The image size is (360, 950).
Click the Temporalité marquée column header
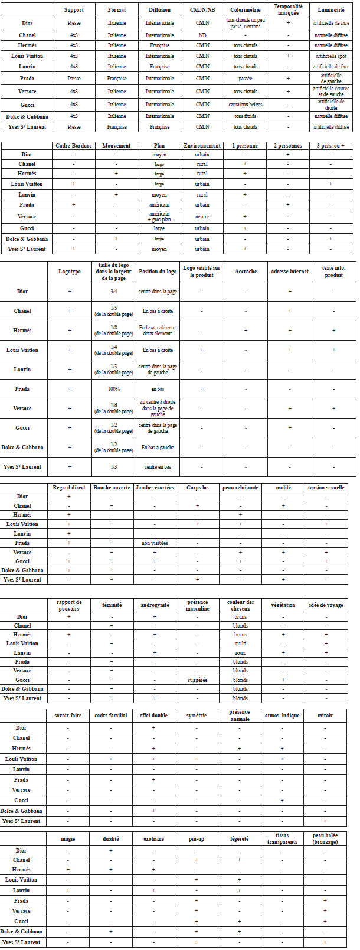(x=288, y=9)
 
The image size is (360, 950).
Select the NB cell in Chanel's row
(x=202, y=35)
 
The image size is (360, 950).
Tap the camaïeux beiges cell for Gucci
(x=246, y=105)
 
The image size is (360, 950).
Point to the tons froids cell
(x=246, y=116)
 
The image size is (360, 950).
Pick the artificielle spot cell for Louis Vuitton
(x=331, y=56)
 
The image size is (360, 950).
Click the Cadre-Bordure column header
(x=74, y=146)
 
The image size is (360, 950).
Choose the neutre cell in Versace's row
(x=202, y=217)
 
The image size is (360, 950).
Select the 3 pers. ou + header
(x=330, y=146)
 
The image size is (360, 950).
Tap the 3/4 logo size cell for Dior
(x=114, y=292)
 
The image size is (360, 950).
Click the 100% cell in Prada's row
(x=114, y=389)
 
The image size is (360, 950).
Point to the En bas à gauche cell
(x=158, y=448)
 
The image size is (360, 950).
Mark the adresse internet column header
(x=290, y=272)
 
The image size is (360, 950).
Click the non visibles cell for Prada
(x=155, y=543)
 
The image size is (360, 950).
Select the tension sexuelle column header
(x=326, y=488)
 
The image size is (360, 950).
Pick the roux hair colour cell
(x=240, y=653)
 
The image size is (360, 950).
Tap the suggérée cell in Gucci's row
(x=197, y=680)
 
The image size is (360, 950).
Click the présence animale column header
(x=240, y=716)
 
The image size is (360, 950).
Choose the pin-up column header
(x=197, y=839)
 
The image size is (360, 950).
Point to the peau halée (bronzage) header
(x=325, y=838)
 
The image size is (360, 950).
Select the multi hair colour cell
(x=240, y=644)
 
